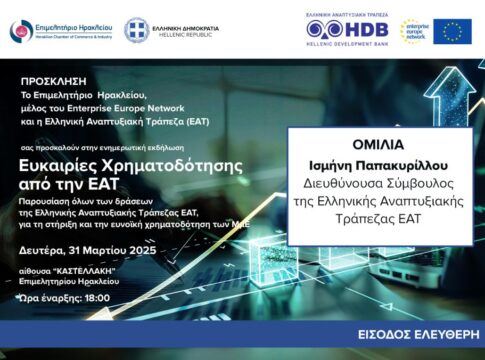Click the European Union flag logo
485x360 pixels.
pos(452,31)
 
